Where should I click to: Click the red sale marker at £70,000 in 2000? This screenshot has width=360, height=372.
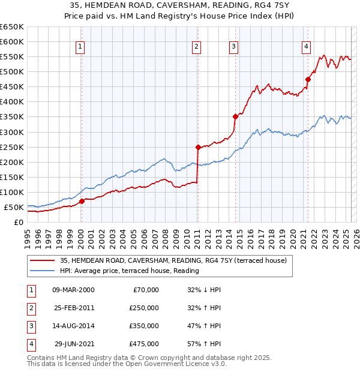coord(82,201)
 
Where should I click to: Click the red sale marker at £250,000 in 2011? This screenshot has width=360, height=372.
coord(197,146)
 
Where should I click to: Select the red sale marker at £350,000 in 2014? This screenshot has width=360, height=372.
coord(235,116)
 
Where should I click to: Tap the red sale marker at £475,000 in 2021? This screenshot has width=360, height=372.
coord(308,79)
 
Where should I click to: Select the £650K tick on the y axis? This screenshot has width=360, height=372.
coord(12,27)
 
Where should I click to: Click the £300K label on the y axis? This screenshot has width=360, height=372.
coord(12,132)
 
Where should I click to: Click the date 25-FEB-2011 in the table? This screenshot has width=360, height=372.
coord(73,308)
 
